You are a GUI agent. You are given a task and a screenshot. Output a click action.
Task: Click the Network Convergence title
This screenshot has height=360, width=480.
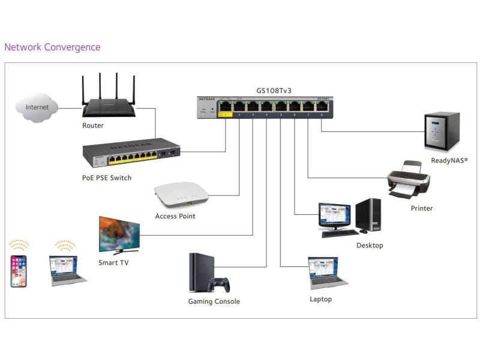pyautogui.click(x=52, y=47)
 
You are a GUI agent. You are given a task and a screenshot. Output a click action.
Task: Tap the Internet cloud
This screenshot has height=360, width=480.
pyautogui.click(x=37, y=108)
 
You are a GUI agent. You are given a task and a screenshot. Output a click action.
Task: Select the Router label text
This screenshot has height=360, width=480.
pyautogui.click(x=93, y=126)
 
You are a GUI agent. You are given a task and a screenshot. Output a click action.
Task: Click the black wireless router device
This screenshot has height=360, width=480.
pyautogui.click(x=109, y=106)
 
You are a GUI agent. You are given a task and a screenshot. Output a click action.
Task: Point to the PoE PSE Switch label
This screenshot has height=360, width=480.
pyautogui.click(x=107, y=178)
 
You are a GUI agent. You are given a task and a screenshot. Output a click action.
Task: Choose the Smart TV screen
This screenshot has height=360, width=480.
pyautogui.click(x=119, y=233)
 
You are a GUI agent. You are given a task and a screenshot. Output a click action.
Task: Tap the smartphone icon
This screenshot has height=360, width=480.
pyautogui.click(x=19, y=271)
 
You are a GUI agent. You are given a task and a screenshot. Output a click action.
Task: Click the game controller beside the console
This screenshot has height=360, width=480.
pyautogui.click(x=218, y=284)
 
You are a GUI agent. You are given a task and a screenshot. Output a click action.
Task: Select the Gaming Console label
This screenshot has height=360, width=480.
pyautogui.click(x=214, y=302)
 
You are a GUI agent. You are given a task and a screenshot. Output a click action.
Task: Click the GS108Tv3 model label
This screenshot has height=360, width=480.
pyautogui.click(x=274, y=91)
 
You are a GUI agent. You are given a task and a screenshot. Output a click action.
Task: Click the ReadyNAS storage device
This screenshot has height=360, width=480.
pyautogui.click(x=442, y=131)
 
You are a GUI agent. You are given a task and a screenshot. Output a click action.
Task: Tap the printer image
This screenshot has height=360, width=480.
pyautogui.click(x=408, y=180)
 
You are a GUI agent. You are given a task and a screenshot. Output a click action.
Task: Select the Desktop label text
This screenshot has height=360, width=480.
pyautogui.click(x=370, y=245)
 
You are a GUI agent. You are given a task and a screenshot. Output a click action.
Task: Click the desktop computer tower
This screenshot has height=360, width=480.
pyautogui.click(x=368, y=215)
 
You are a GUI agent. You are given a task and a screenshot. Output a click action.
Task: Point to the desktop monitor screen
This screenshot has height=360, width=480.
pyautogui.click(x=334, y=215)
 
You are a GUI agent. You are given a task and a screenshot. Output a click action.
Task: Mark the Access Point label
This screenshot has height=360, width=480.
pyautogui.click(x=175, y=216)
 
